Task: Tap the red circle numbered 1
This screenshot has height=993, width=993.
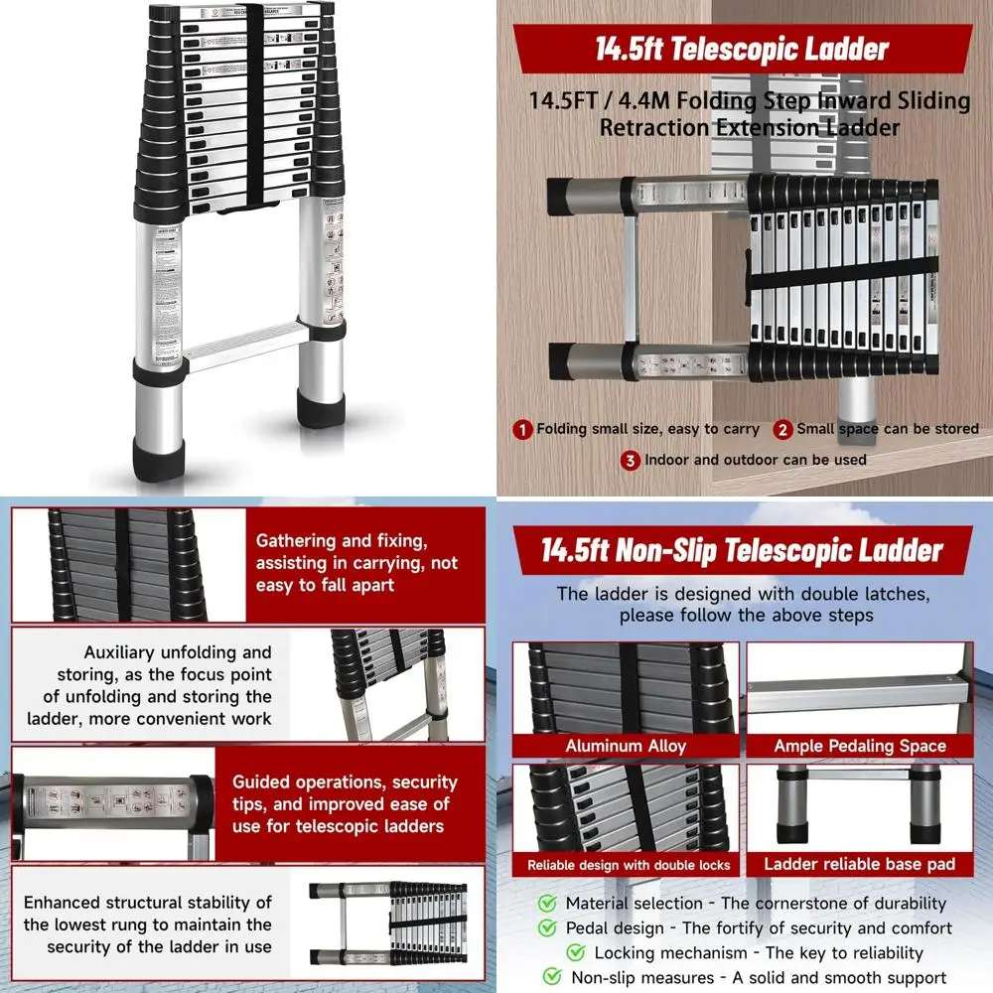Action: click(x=522, y=430)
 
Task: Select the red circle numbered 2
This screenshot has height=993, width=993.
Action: click(x=782, y=430)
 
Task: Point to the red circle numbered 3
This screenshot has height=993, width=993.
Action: click(x=630, y=460)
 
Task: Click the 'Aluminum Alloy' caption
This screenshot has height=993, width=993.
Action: click(x=626, y=746)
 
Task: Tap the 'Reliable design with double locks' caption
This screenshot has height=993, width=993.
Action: click(x=628, y=865)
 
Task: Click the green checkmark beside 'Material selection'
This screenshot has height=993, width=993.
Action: click(x=547, y=904)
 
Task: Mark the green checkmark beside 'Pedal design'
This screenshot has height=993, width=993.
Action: click(x=547, y=928)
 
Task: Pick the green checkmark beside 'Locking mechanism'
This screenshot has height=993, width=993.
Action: click(x=576, y=953)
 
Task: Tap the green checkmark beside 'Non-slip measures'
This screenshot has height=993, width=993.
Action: click(x=552, y=978)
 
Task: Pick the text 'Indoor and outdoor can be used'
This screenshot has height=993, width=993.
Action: click(x=755, y=460)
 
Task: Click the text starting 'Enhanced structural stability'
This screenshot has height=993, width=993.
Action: click(x=148, y=924)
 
